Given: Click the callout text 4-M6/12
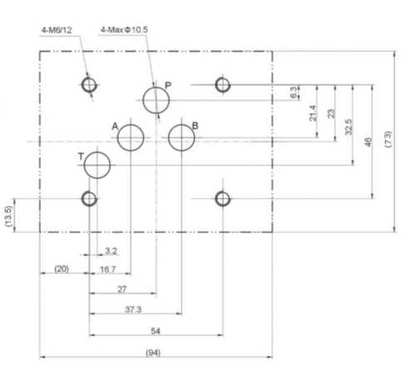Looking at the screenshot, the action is pyautogui.click(x=57, y=30).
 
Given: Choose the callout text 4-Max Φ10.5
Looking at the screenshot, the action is pyautogui.click(x=124, y=30).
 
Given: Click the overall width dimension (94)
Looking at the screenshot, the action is pyautogui.click(x=153, y=353).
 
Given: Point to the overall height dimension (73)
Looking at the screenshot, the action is pyautogui.click(x=388, y=139).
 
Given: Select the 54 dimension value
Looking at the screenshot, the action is pyautogui.click(x=155, y=331).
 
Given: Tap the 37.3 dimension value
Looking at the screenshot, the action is pyautogui.click(x=133, y=310).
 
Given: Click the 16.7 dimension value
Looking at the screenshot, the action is pyautogui.click(x=108, y=270).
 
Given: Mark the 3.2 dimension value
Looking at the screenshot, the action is pyautogui.click(x=111, y=251).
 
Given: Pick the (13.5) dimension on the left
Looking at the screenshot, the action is pyautogui.click(x=8, y=216).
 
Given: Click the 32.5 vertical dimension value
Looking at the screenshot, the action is pyautogui.click(x=348, y=127).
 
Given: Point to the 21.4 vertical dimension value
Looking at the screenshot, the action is pyautogui.click(x=313, y=113).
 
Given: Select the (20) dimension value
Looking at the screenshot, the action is pyautogui.click(x=62, y=269).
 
